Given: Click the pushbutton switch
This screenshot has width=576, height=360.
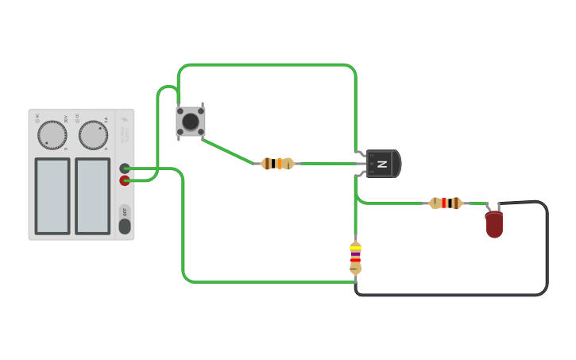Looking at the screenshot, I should pyautogui.click(x=191, y=122).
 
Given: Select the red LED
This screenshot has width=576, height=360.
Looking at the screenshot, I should pyautogui.click(x=493, y=224).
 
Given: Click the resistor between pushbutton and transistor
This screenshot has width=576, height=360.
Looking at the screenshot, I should pyautogui.click(x=277, y=164).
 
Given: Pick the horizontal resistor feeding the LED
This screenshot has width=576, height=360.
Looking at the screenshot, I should pyautogui.click(x=446, y=203).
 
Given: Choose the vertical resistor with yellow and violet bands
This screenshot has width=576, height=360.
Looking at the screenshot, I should pyautogui.click(x=355, y=257).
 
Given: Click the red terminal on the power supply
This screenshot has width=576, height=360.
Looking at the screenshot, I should pyautogui.click(x=125, y=180).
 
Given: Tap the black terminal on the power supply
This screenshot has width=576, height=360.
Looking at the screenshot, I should pyautogui.click(x=125, y=168).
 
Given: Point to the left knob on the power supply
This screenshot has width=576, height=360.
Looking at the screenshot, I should pyautogui.click(x=52, y=135).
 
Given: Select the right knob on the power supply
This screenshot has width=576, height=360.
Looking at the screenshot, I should pyautogui.click(x=93, y=135).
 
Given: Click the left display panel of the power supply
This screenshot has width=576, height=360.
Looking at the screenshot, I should pyautogui.click(x=52, y=195).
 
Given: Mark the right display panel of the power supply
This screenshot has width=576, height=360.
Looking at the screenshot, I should pyautogui.click(x=93, y=195).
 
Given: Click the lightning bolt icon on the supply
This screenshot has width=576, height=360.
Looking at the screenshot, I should pyautogui.click(x=125, y=120).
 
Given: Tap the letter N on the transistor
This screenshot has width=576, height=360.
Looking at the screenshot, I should pyautogui.click(x=382, y=164).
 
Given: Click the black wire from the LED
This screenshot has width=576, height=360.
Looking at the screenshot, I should pyautogui.click(x=547, y=254).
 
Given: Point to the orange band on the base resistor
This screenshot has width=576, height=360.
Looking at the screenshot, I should pyautogui.click(x=279, y=164).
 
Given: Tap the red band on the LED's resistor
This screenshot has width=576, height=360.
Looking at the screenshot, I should pyautogui.click(x=450, y=203).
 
